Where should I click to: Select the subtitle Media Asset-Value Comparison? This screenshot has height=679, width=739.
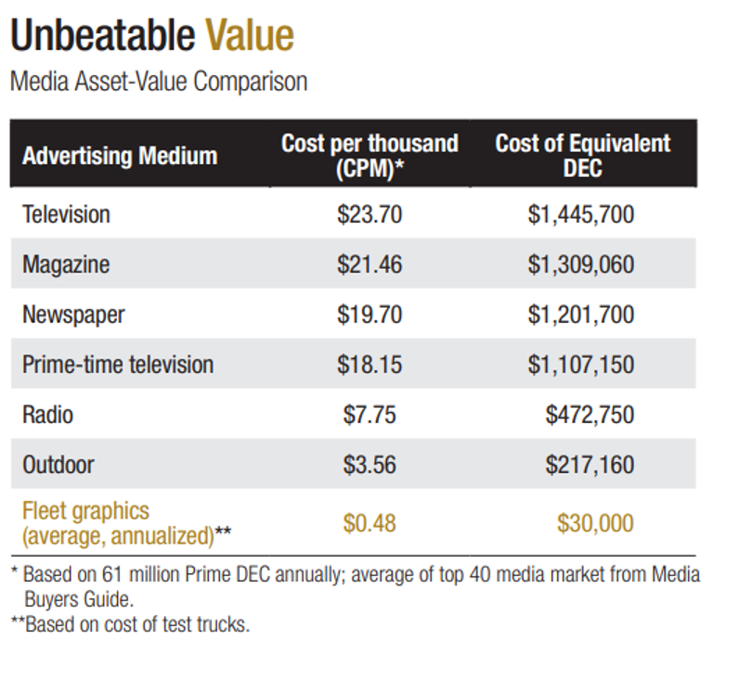coord(158,82)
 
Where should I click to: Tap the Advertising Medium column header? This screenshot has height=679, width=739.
coord(120,155)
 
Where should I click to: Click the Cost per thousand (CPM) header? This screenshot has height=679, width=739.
coord(369,155)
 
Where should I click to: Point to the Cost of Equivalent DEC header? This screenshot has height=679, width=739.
coord(582,155)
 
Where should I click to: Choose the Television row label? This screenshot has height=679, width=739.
coord(66,214)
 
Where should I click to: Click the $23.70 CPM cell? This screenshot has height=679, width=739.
coord(369,214)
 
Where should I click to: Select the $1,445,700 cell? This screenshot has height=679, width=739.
coord(581,214)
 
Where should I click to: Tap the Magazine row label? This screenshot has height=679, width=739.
coord(66,264)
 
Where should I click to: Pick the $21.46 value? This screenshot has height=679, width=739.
coord(369,264)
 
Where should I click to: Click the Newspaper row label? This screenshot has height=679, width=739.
coord(73,314)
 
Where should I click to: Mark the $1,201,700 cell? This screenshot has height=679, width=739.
coord(581,314)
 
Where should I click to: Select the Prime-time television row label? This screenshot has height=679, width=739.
coord(118,365)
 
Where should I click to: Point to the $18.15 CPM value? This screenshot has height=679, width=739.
coord(369,365)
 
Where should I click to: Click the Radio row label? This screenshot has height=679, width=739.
coord(47,414)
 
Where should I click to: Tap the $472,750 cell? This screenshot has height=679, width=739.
coord(590,414)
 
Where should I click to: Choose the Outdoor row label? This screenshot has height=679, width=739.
coord(58,464)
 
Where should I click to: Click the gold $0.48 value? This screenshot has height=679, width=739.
coord(369,523)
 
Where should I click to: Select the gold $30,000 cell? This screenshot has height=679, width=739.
coord(595,523)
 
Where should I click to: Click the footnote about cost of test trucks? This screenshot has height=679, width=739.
coord(130,624)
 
